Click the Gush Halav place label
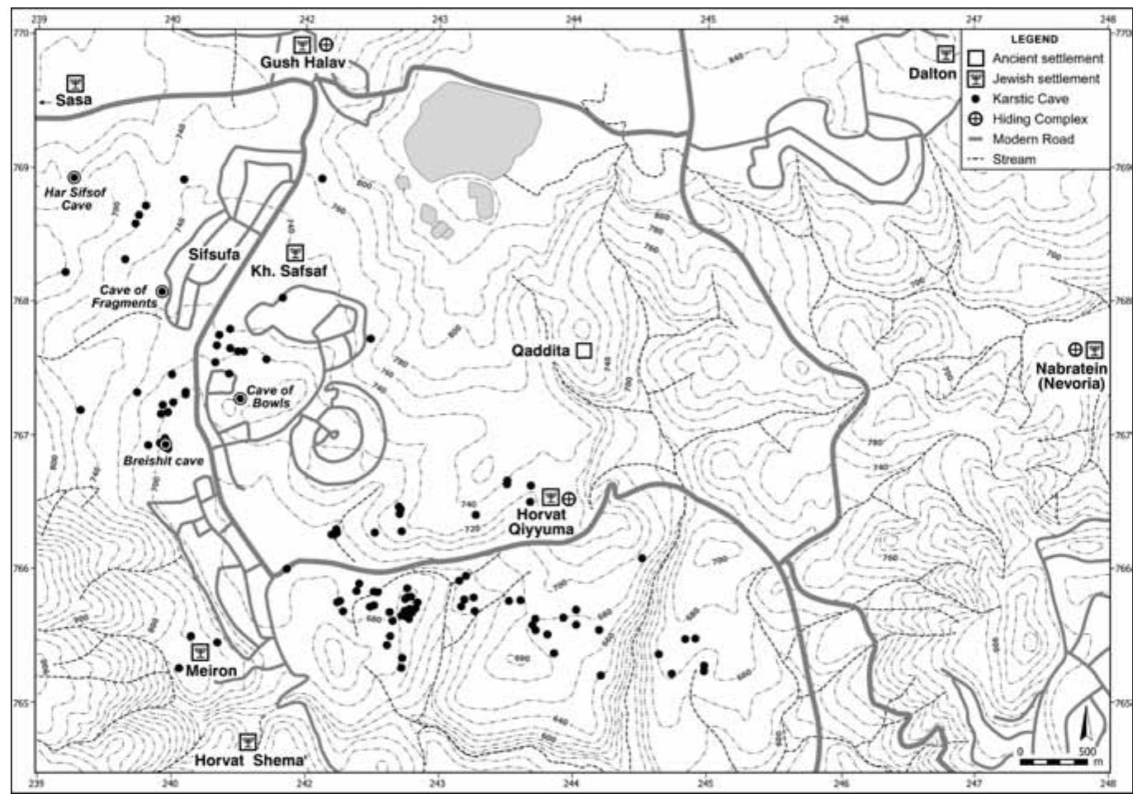[x=302, y=63]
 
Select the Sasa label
[x=73, y=100]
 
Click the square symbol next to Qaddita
[x=584, y=350]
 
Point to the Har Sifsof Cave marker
[x=73, y=178]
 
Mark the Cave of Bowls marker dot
[x=239, y=398]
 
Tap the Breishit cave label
[x=163, y=460]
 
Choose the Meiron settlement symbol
[x=200, y=653]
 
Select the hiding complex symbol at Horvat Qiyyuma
[x=569, y=497]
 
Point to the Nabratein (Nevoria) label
[x=1072, y=376]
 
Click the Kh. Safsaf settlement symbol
[x=295, y=252]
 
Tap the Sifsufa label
[x=214, y=254]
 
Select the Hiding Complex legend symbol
[x=976, y=119]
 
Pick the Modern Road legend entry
[x=1033, y=139]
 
